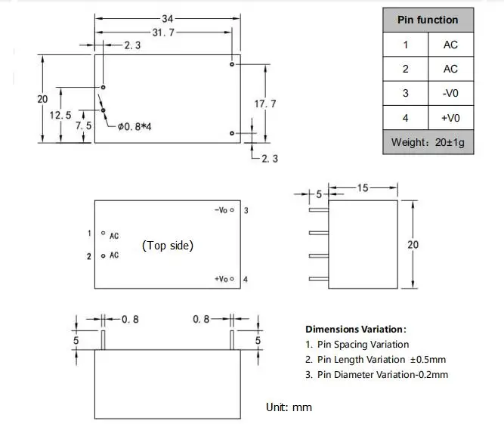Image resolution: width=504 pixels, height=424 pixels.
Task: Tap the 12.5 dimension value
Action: click(x=60, y=115)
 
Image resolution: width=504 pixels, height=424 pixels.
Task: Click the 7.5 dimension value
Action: click(x=83, y=126)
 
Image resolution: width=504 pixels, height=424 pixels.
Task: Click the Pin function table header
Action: click(x=428, y=20)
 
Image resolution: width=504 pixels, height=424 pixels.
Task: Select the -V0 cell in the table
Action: click(x=450, y=93)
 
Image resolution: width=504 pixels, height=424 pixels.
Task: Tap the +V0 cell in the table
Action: click(x=450, y=117)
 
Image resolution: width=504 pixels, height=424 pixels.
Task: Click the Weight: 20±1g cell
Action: click(x=428, y=142)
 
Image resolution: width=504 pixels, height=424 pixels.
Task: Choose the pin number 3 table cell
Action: click(x=405, y=93)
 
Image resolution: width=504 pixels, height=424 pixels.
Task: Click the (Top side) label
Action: click(x=168, y=245)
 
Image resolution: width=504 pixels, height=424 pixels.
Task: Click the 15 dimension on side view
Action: click(x=363, y=188)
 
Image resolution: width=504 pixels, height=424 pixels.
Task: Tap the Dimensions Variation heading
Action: click(x=356, y=330)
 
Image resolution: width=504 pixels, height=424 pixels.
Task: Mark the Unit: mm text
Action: click(x=289, y=407)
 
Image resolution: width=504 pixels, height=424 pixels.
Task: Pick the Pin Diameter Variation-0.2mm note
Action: click(x=376, y=375)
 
